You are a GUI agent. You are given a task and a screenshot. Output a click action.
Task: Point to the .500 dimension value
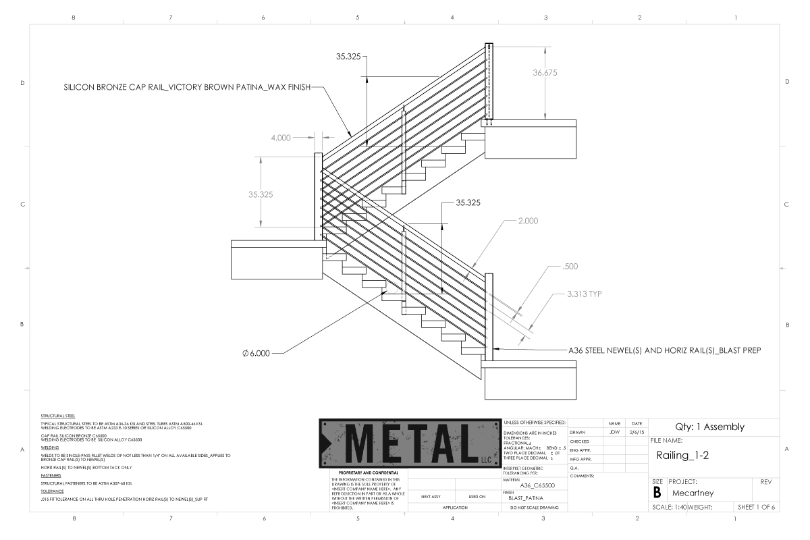pyautogui.click(x=570, y=267)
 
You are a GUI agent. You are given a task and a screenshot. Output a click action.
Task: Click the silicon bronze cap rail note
pyautogui.click(x=187, y=87)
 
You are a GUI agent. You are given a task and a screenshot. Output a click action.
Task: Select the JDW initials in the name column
pyautogui.click(x=614, y=432)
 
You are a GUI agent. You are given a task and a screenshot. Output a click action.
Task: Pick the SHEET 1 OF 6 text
pyautogui.click(x=757, y=507)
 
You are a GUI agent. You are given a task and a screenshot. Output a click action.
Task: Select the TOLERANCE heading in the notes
pyautogui.click(x=52, y=492)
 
